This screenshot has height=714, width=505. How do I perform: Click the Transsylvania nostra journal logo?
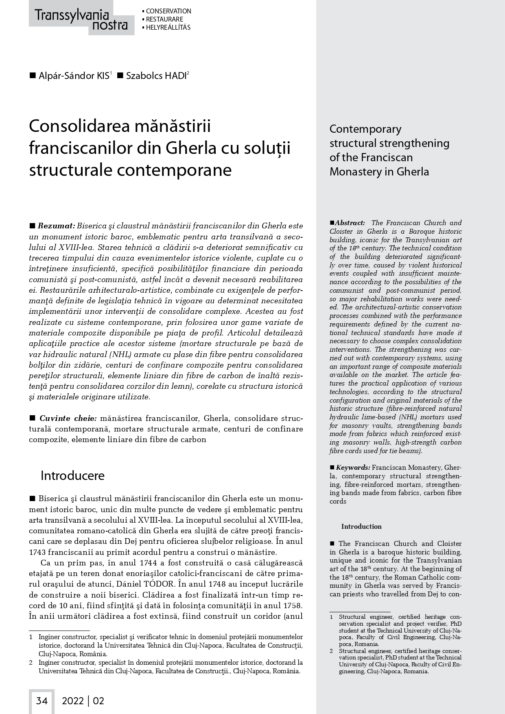(x=81, y=20)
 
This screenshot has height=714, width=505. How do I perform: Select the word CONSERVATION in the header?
(x=168, y=11)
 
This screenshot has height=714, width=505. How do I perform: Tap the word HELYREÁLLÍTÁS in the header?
(x=168, y=28)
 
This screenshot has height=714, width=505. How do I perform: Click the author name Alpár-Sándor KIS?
(x=74, y=76)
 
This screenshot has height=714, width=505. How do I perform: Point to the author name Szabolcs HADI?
(x=156, y=76)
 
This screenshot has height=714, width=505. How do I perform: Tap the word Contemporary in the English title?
(x=365, y=129)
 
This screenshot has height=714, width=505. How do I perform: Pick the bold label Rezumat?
(x=57, y=226)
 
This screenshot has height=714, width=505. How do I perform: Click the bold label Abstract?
(x=350, y=223)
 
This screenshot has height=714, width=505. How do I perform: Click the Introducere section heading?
(x=72, y=475)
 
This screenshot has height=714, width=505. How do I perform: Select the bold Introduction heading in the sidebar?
(x=361, y=526)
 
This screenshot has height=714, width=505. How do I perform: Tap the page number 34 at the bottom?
(x=42, y=701)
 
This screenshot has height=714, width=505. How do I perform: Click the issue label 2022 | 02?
(x=83, y=701)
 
